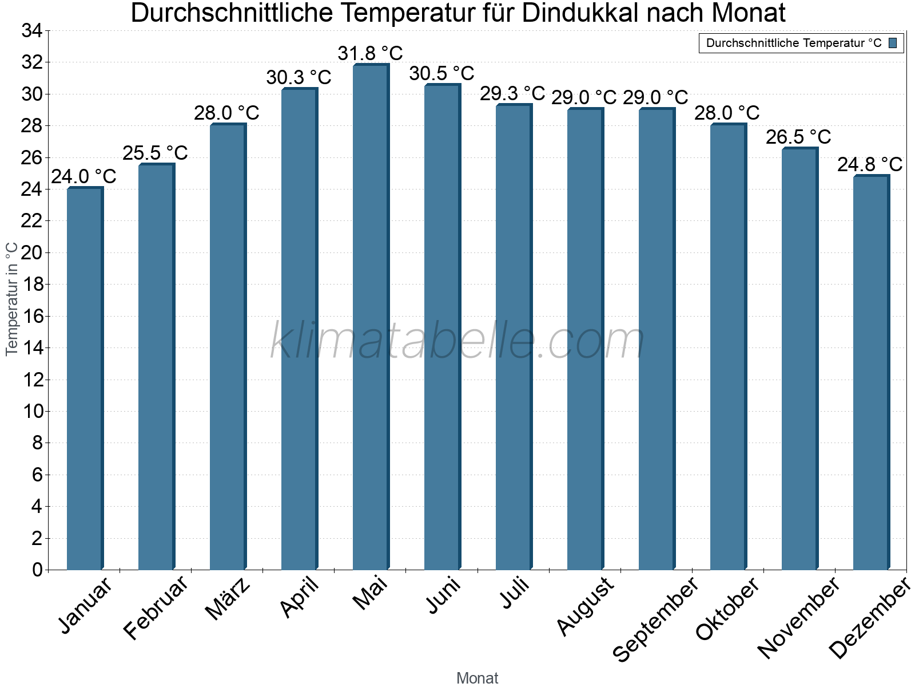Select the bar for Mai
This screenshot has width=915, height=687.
pos(371,318)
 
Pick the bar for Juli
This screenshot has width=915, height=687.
pos(514,338)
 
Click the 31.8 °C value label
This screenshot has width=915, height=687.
pos(370,54)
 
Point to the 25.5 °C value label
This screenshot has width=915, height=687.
pos(155,153)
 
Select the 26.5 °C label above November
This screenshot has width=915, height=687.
pos(798,137)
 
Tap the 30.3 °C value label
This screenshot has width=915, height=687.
pos(299,78)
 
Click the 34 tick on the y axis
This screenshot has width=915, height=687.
pos(31,31)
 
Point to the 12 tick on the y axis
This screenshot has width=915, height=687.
pos(31,380)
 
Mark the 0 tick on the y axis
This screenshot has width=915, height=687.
pos(37,570)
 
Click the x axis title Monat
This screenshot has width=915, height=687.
pos(477,678)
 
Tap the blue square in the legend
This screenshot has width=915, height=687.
pos(893,43)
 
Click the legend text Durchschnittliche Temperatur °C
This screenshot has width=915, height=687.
pos(794,43)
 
